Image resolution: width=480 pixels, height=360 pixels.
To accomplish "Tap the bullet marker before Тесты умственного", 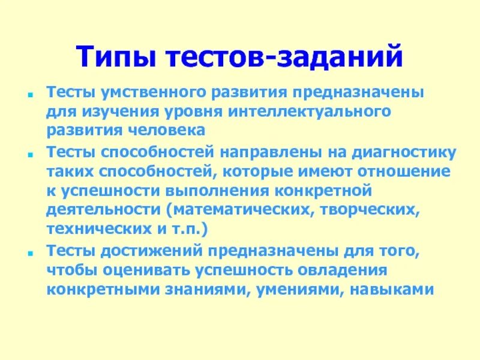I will [x=31, y=95].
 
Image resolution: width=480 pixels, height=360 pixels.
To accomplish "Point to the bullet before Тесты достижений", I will [x=31, y=251].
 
